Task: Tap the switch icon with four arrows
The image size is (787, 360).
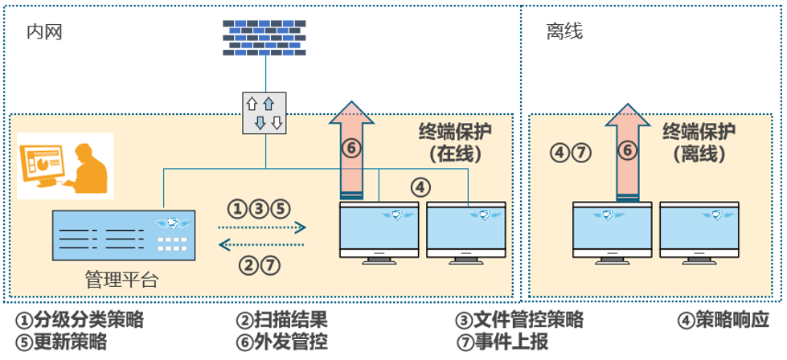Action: [x=264, y=112]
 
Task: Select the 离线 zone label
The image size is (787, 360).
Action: [x=564, y=31]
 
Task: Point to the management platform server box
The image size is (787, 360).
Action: [x=122, y=235]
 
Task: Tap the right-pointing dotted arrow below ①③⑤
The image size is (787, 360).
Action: [x=264, y=228]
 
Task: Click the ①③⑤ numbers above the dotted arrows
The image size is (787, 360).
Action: [x=257, y=209]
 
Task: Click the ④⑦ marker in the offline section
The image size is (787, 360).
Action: [x=571, y=151]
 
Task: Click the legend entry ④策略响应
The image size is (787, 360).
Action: [x=724, y=320]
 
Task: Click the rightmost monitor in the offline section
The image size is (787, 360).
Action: [x=699, y=229]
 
